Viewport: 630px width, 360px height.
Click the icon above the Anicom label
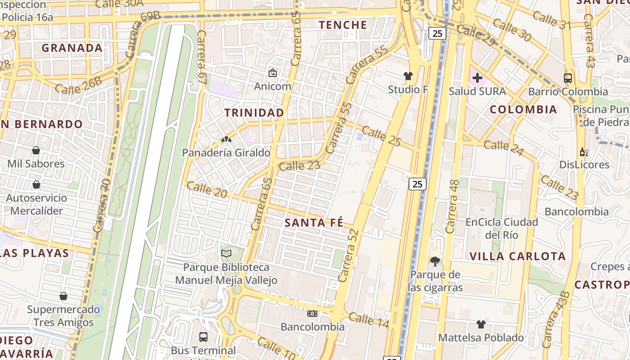[272, 72]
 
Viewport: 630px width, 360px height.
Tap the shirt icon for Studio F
[408, 76]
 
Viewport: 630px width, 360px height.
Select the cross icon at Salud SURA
[477, 78]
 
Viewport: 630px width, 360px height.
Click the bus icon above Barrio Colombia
[568, 78]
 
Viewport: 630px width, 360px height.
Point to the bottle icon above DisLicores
[584, 152]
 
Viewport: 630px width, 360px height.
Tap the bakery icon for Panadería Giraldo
[226, 139]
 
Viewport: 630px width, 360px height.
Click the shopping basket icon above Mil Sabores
[36, 150]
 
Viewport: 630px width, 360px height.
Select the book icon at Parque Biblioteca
[226, 254]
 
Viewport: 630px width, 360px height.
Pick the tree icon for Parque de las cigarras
[435, 261]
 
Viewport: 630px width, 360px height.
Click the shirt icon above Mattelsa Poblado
[481, 324]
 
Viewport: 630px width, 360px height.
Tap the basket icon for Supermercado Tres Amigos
[63, 296]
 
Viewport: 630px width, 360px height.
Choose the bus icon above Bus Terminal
[203, 337]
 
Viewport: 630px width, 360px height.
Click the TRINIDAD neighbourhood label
[254, 112]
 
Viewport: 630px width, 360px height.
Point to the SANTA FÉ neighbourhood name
[314, 223]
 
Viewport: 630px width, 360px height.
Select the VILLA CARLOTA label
[517, 256]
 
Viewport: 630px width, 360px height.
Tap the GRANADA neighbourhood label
[72, 48]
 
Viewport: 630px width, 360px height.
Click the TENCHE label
[343, 25]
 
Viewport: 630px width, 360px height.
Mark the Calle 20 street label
[207, 189]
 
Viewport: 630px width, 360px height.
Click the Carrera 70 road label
[102, 206]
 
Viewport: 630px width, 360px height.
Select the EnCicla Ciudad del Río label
[501, 228]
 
